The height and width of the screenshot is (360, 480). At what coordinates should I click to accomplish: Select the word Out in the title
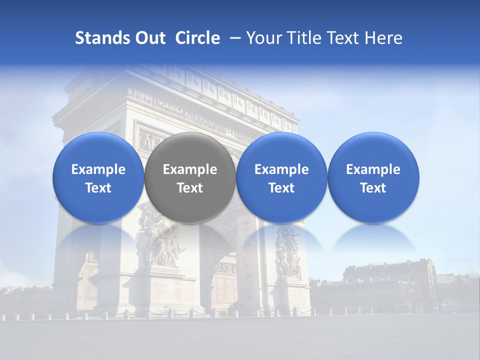pyautogui.click(x=148, y=38)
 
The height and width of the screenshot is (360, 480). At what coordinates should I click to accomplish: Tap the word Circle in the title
pyautogui.click(x=197, y=38)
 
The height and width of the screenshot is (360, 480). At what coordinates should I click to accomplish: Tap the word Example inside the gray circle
pyautogui.click(x=190, y=169)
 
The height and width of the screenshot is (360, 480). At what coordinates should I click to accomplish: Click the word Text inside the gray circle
pyautogui.click(x=190, y=188)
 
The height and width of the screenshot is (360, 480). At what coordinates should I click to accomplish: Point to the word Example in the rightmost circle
pyautogui.click(x=373, y=169)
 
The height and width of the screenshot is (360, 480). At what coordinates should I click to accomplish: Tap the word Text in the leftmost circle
pyautogui.click(x=98, y=188)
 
